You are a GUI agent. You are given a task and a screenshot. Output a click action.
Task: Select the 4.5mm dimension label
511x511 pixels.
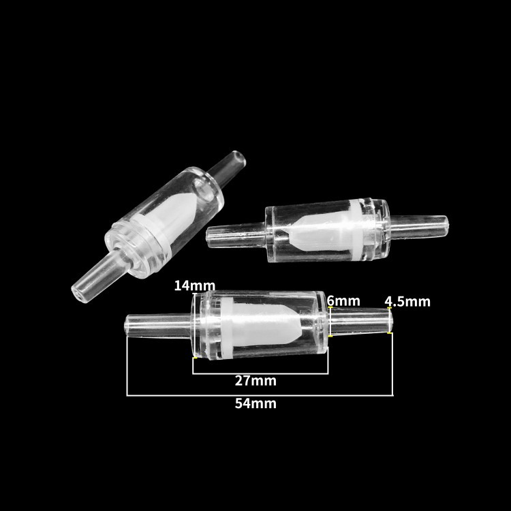407,302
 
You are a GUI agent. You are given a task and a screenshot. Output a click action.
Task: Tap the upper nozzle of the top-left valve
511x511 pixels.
228,168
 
